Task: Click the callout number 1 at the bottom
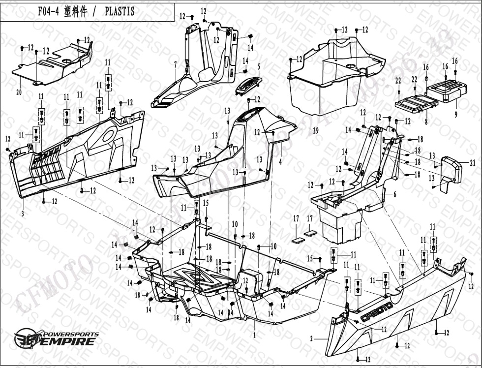pos(254,335)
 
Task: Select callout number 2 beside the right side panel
pos(311,339)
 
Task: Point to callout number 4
pos(280,161)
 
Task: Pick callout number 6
pos(394,194)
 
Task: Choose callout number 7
pos(175,64)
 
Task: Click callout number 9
pos(456,114)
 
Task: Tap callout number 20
pos(19,92)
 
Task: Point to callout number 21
pos(473,162)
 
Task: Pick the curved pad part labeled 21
pos(452,170)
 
